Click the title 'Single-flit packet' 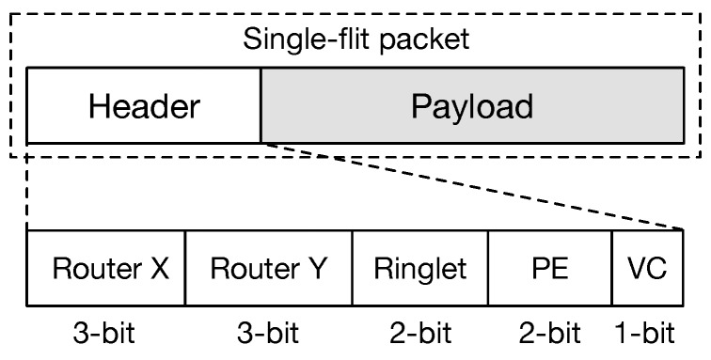[x=355, y=39]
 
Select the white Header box [x=144, y=105]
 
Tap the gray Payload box [x=472, y=105]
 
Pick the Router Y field [x=268, y=269]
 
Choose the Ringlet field [x=420, y=269]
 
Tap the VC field [x=647, y=269]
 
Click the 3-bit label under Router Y [x=268, y=333]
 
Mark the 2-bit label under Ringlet [x=420, y=333]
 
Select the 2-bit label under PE [x=550, y=333]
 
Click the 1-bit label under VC [x=646, y=333]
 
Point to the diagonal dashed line [x=470, y=186]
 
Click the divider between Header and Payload [x=261, y=105]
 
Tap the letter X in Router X [x=160, y=269]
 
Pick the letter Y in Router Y [x=318, y=269]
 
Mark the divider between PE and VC [x=612, y=269]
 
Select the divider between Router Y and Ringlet [x=352, y=269]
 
